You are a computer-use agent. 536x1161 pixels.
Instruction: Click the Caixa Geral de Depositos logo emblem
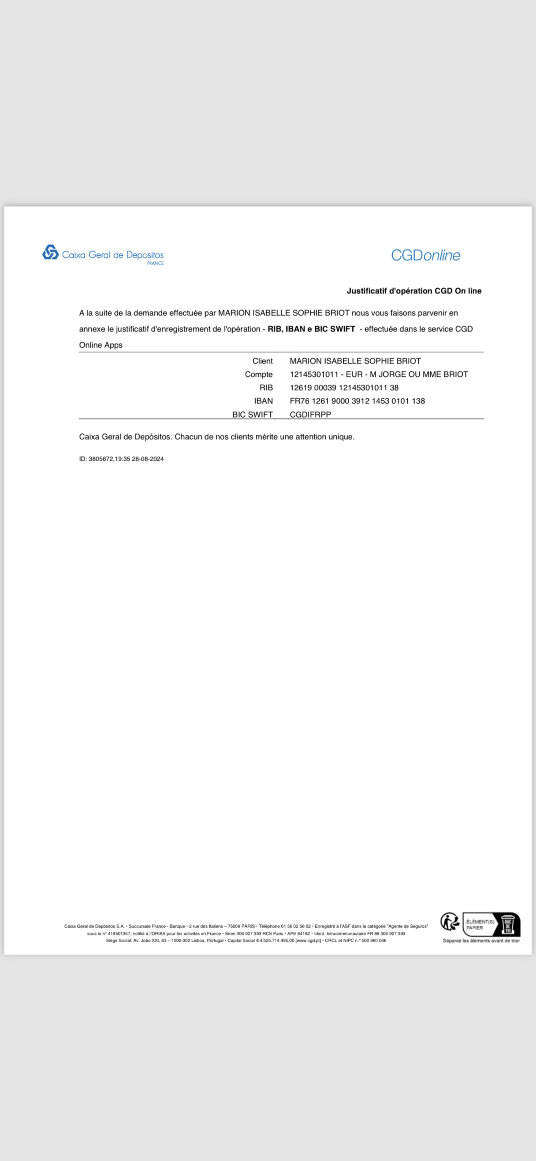tap(50, 252)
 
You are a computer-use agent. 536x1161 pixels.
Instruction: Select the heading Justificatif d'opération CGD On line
tap(414, 291)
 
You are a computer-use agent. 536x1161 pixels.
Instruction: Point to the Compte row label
tap(259, 374)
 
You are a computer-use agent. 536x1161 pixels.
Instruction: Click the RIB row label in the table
tap(266, 388)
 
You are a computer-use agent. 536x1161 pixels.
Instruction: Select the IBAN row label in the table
tap(263, 401)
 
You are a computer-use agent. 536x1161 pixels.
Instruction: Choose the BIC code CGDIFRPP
tap(310, 414)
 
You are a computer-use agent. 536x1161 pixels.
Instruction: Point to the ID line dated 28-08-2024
tap(121, 459)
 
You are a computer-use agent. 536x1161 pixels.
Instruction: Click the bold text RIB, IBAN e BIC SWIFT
tap(311, 329)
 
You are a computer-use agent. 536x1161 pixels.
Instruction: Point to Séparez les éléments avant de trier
tap(481, 940)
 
